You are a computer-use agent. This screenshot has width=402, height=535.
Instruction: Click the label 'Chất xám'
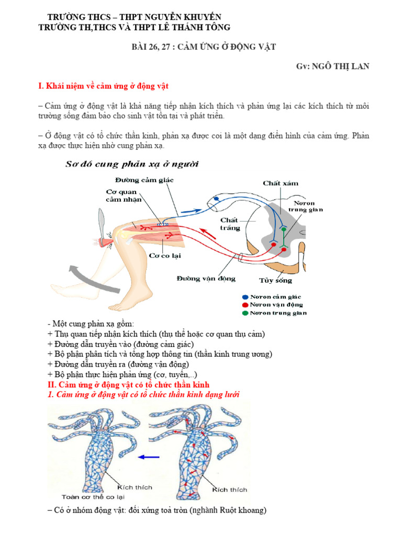(x=281, y=183)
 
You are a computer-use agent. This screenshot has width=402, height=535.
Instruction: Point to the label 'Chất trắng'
(x=230, y=224)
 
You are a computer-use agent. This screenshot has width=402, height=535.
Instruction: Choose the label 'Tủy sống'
(x=275, y=280)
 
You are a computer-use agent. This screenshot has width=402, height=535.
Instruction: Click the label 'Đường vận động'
(x=205, y=278)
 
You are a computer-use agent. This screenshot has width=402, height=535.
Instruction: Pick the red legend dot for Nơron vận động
(x=245, y=305)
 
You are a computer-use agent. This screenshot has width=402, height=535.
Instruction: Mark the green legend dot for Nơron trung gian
(x=245, y=313)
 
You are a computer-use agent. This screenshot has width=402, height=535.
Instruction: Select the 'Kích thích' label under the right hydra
(x=229, y=490)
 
